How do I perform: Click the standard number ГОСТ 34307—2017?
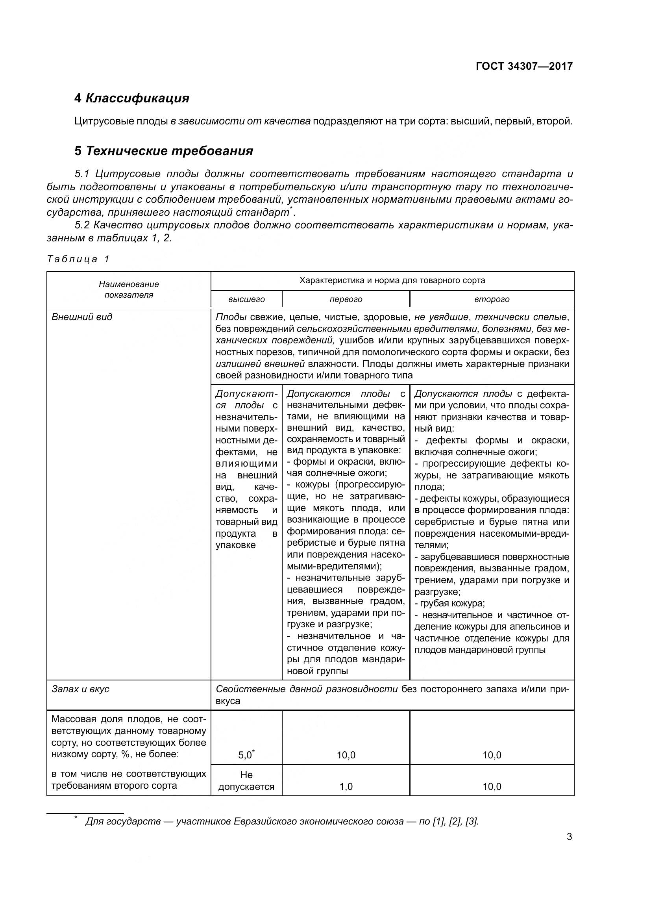coord(524,66)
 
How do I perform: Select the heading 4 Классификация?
coord(132,98)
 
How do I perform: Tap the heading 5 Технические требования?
coord(164,151)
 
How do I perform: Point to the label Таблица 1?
coord(78,259)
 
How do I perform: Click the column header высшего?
coord(246,299)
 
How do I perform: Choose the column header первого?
coord(346,299)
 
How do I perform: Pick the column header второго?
coord(492,299)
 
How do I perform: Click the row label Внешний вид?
coord(82,317)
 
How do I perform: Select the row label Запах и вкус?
coord(81,689)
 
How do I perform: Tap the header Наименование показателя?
coord(129,290)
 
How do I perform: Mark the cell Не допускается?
coord(246,780)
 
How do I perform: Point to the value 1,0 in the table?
coord(346,787)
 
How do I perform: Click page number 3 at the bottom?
coord(569,837)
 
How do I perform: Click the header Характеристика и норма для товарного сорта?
coord(392,280)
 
